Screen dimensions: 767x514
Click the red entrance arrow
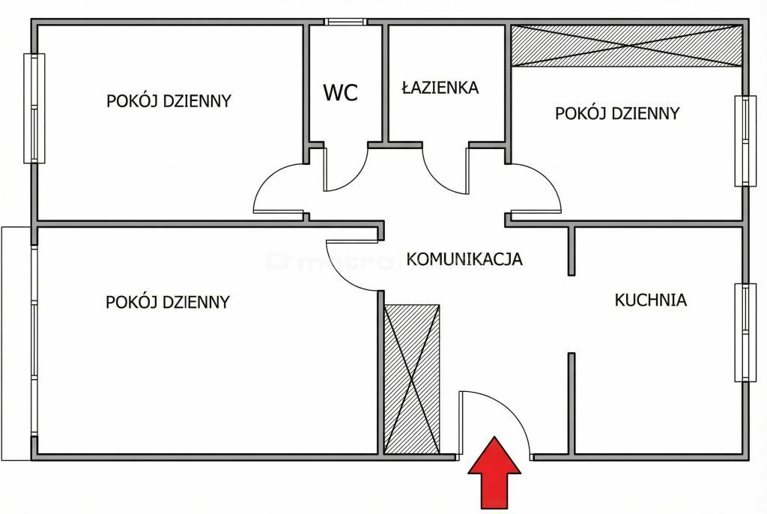click(494, 472)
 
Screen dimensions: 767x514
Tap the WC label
click(341, 92)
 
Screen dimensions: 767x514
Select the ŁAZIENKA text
click(440, 88)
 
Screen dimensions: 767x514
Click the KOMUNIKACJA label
click(464, 258)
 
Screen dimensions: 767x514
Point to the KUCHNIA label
click(651, 300)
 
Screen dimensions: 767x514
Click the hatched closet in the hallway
click(412, 379)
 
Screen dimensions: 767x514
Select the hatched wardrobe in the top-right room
click(626, 46)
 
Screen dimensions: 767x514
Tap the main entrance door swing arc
click(494, 423)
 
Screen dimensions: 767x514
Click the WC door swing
click(345, 169)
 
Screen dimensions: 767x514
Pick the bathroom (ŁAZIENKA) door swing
click(446, 170)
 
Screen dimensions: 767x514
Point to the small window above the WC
click(345, 22)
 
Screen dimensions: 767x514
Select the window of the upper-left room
click(34, 108)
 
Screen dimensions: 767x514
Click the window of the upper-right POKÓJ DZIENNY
click(745, 141)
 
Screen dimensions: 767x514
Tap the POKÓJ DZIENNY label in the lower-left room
click(168, 302)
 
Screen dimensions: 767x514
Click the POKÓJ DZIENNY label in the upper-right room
click(617, 114)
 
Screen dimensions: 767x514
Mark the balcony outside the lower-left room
click(16, 343)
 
